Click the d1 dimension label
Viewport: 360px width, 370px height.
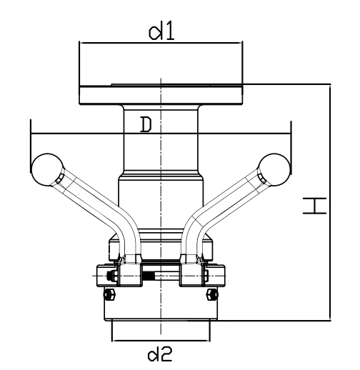point(161,32)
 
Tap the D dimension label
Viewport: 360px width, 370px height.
point(146,124)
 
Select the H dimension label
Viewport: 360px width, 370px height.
point(314,206)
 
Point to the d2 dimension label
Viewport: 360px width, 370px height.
point(160,354)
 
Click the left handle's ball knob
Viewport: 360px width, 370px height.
point(47,169)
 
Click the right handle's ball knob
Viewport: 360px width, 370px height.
point(274,169)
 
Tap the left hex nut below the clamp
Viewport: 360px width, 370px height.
point(109,294)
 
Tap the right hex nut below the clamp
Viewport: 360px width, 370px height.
point(212,294)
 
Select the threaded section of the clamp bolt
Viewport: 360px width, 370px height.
point(149,276)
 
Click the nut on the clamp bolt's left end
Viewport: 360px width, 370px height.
point(112,276)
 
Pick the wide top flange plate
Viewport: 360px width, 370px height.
point(161,94)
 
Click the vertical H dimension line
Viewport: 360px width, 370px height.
point(330,202)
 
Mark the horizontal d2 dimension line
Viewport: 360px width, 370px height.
point(161,341)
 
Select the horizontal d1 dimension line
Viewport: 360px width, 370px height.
point(161,43)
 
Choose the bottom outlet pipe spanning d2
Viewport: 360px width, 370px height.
point(161,330)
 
